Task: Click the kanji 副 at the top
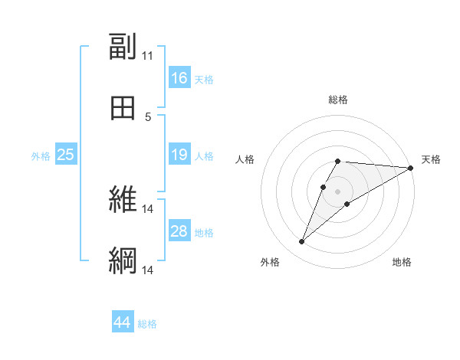click(x=123, y=47)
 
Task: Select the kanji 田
click(x=123, y=109)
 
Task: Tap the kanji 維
click(x=123, y=200)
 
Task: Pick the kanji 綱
click(x=123, y=261)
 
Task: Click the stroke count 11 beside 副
click(x=147, y=56)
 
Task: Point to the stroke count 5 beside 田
click(x=147, y=117)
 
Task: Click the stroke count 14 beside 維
click(x=147, y=208)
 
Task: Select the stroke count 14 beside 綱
click(x=147, y=270)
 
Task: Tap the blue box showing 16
click(x=179, y=78)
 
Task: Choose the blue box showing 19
click(x=179, y=155)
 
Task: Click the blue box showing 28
click(x=179, y=231)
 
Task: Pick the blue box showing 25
click(x=66, y=155)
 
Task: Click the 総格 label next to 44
click(x=147, y=324)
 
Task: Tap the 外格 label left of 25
click(x=41, y=155)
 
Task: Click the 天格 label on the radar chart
click(x=431, y=159)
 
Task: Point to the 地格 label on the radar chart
click(x=402, y=262)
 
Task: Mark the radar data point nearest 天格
click(x=412, y=168)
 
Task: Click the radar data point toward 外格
click(x=301, y=242)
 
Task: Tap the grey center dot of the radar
click(x=337, y=191)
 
